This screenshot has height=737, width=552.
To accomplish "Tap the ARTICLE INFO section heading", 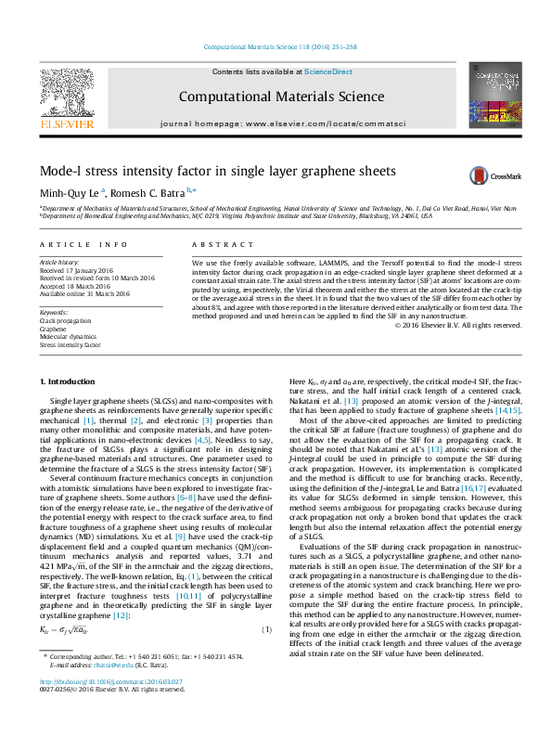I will [83, 245].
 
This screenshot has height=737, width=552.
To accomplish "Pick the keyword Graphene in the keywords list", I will [52, 329].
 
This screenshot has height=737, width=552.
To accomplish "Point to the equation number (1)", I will [266, 632].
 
